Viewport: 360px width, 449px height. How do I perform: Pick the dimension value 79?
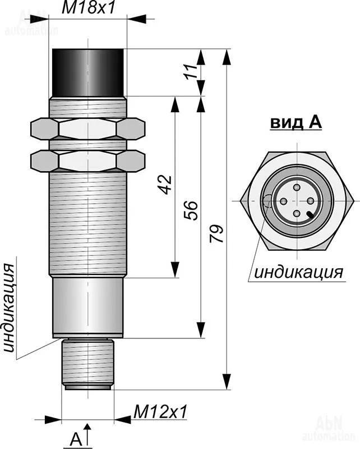(x=216, y=233)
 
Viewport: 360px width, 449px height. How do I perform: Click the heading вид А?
(x=296, y=122)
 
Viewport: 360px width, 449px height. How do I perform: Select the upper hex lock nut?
(x=87, y=129)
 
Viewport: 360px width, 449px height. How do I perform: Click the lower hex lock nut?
(x=87, y=161)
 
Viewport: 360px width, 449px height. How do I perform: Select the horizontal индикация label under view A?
(x=298, y=273)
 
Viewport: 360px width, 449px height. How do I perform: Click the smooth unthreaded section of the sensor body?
(x=88, y=306)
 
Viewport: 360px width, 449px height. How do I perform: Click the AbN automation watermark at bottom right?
(x=328, y=430)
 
